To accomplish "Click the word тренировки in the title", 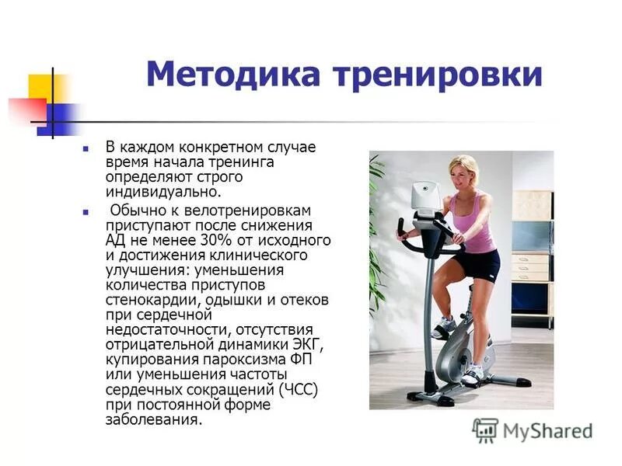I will (437, 75).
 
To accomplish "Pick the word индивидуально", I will (164, 191).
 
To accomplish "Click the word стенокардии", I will (147, 299).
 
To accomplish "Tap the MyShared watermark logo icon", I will (485, 430).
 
